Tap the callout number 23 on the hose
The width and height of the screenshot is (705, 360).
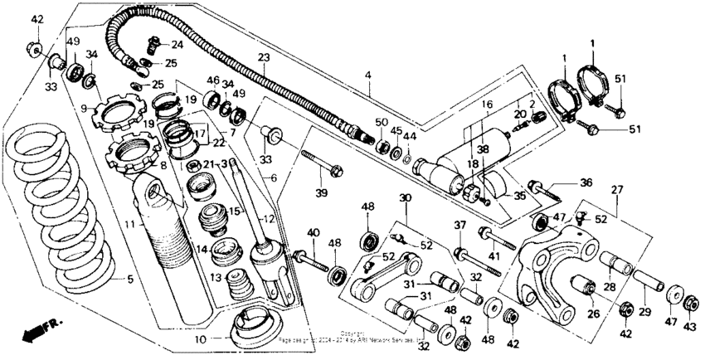pos(264,58)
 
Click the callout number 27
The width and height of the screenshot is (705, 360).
pos(615,190)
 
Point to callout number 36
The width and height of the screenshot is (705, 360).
pos(586,182)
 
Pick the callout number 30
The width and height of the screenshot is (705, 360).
pos(405,197)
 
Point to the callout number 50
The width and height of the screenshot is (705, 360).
pos(381,123)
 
